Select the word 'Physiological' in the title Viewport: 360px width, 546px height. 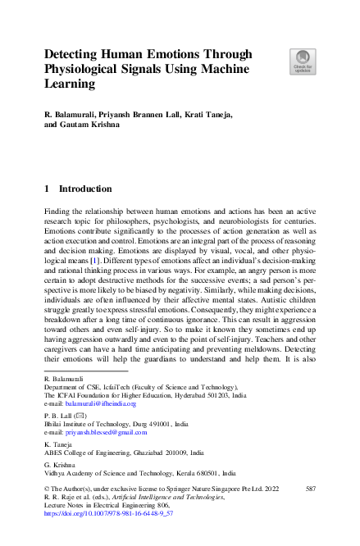tap(85, 68)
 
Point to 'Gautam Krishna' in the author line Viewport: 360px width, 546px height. tap(89, 126)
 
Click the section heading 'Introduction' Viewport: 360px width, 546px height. tap(86, 189)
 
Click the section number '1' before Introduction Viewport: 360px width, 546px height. tap(47, 189)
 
